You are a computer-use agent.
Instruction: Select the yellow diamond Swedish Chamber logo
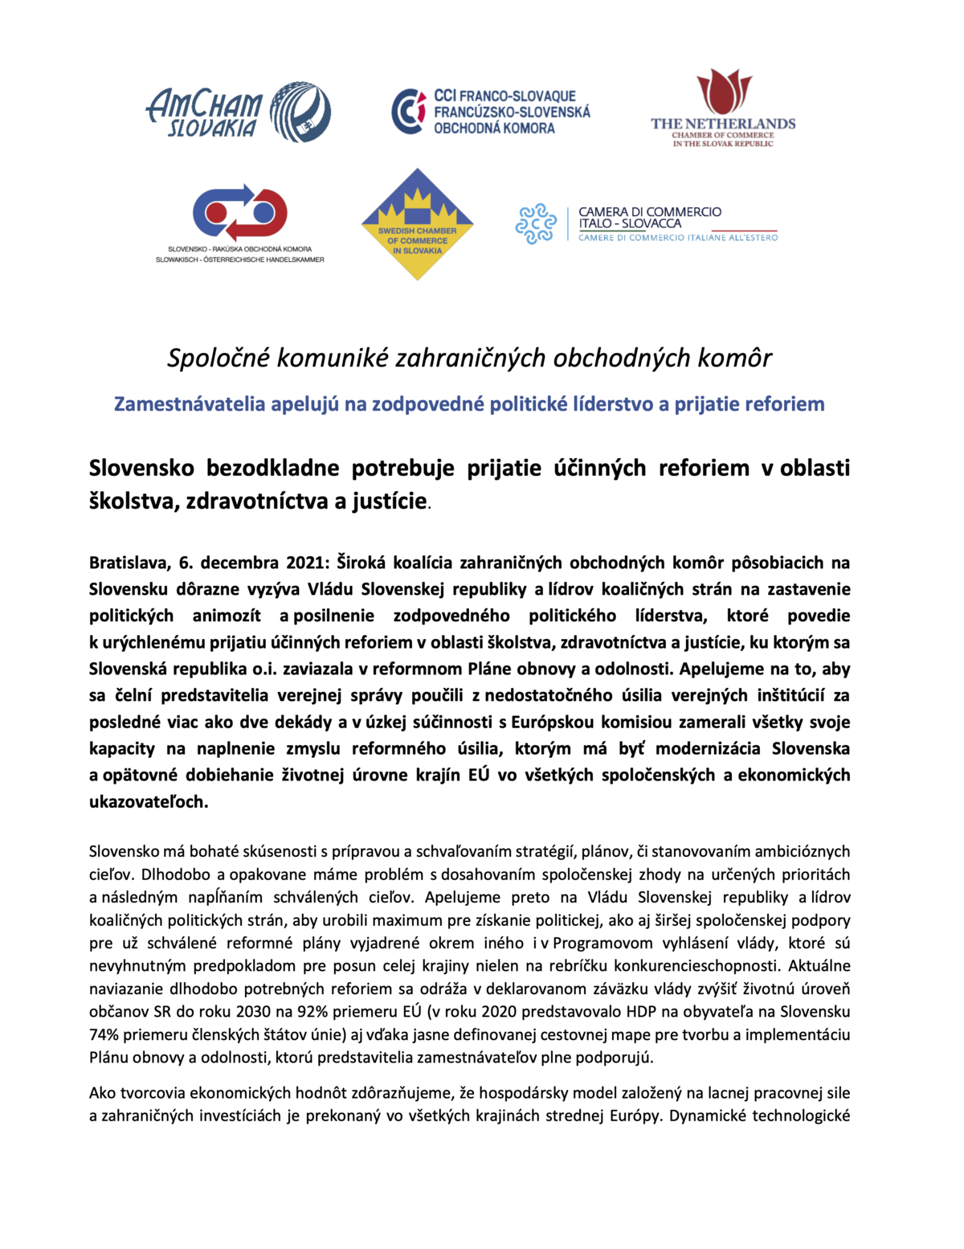click(x=417, y=224)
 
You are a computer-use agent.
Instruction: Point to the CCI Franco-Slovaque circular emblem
click(x=409, y=111)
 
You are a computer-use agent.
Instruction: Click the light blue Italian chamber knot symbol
click(x=536, y=223)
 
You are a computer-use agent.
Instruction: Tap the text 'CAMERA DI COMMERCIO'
click(x=650, y=211)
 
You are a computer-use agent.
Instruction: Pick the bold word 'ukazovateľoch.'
click(x=148, y=802)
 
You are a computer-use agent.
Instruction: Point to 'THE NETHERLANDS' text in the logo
click(x=723, y=124)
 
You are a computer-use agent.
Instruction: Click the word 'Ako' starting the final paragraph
click(x=102, y=1093)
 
